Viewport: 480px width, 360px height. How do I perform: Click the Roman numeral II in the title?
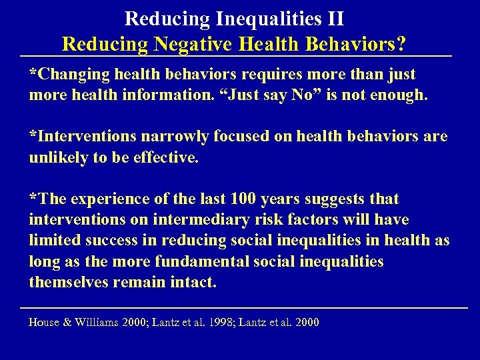(x=335, y=17)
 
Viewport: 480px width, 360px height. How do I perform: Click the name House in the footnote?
(x=45, y=323)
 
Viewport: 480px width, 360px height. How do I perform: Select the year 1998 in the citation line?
(x=220, y=323)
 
